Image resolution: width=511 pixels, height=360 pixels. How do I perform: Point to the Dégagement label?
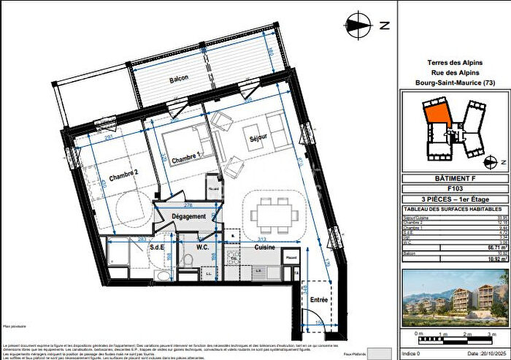(188, 217)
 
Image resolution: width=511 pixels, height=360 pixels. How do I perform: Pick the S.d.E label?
(157, 247)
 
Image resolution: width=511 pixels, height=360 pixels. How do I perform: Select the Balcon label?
(180, 78)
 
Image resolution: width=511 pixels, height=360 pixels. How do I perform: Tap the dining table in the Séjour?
(274, 214)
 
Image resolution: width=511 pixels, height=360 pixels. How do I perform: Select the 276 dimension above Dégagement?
(188, 206)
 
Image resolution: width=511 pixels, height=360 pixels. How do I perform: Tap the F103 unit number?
(453, 188)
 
